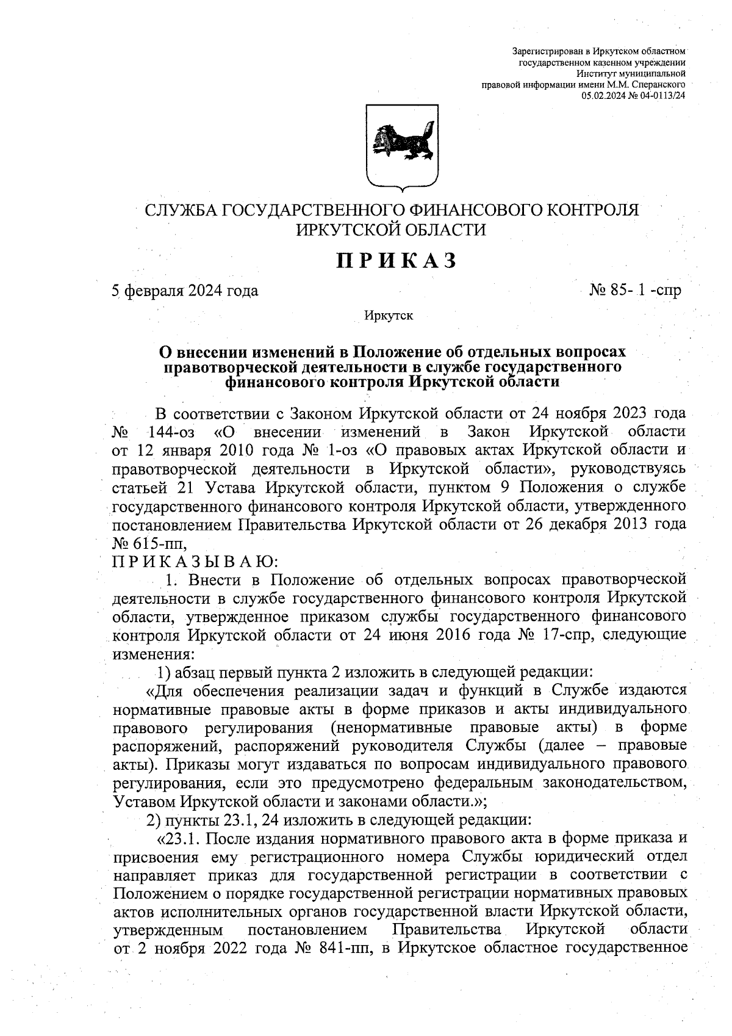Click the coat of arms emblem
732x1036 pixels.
tap(403, 147)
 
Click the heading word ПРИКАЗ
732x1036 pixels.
tap(396, 261)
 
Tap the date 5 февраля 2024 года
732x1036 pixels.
tap(185, 291)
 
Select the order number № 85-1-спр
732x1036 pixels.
tap(635, 290)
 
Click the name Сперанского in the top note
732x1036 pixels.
tap(659, 84)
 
